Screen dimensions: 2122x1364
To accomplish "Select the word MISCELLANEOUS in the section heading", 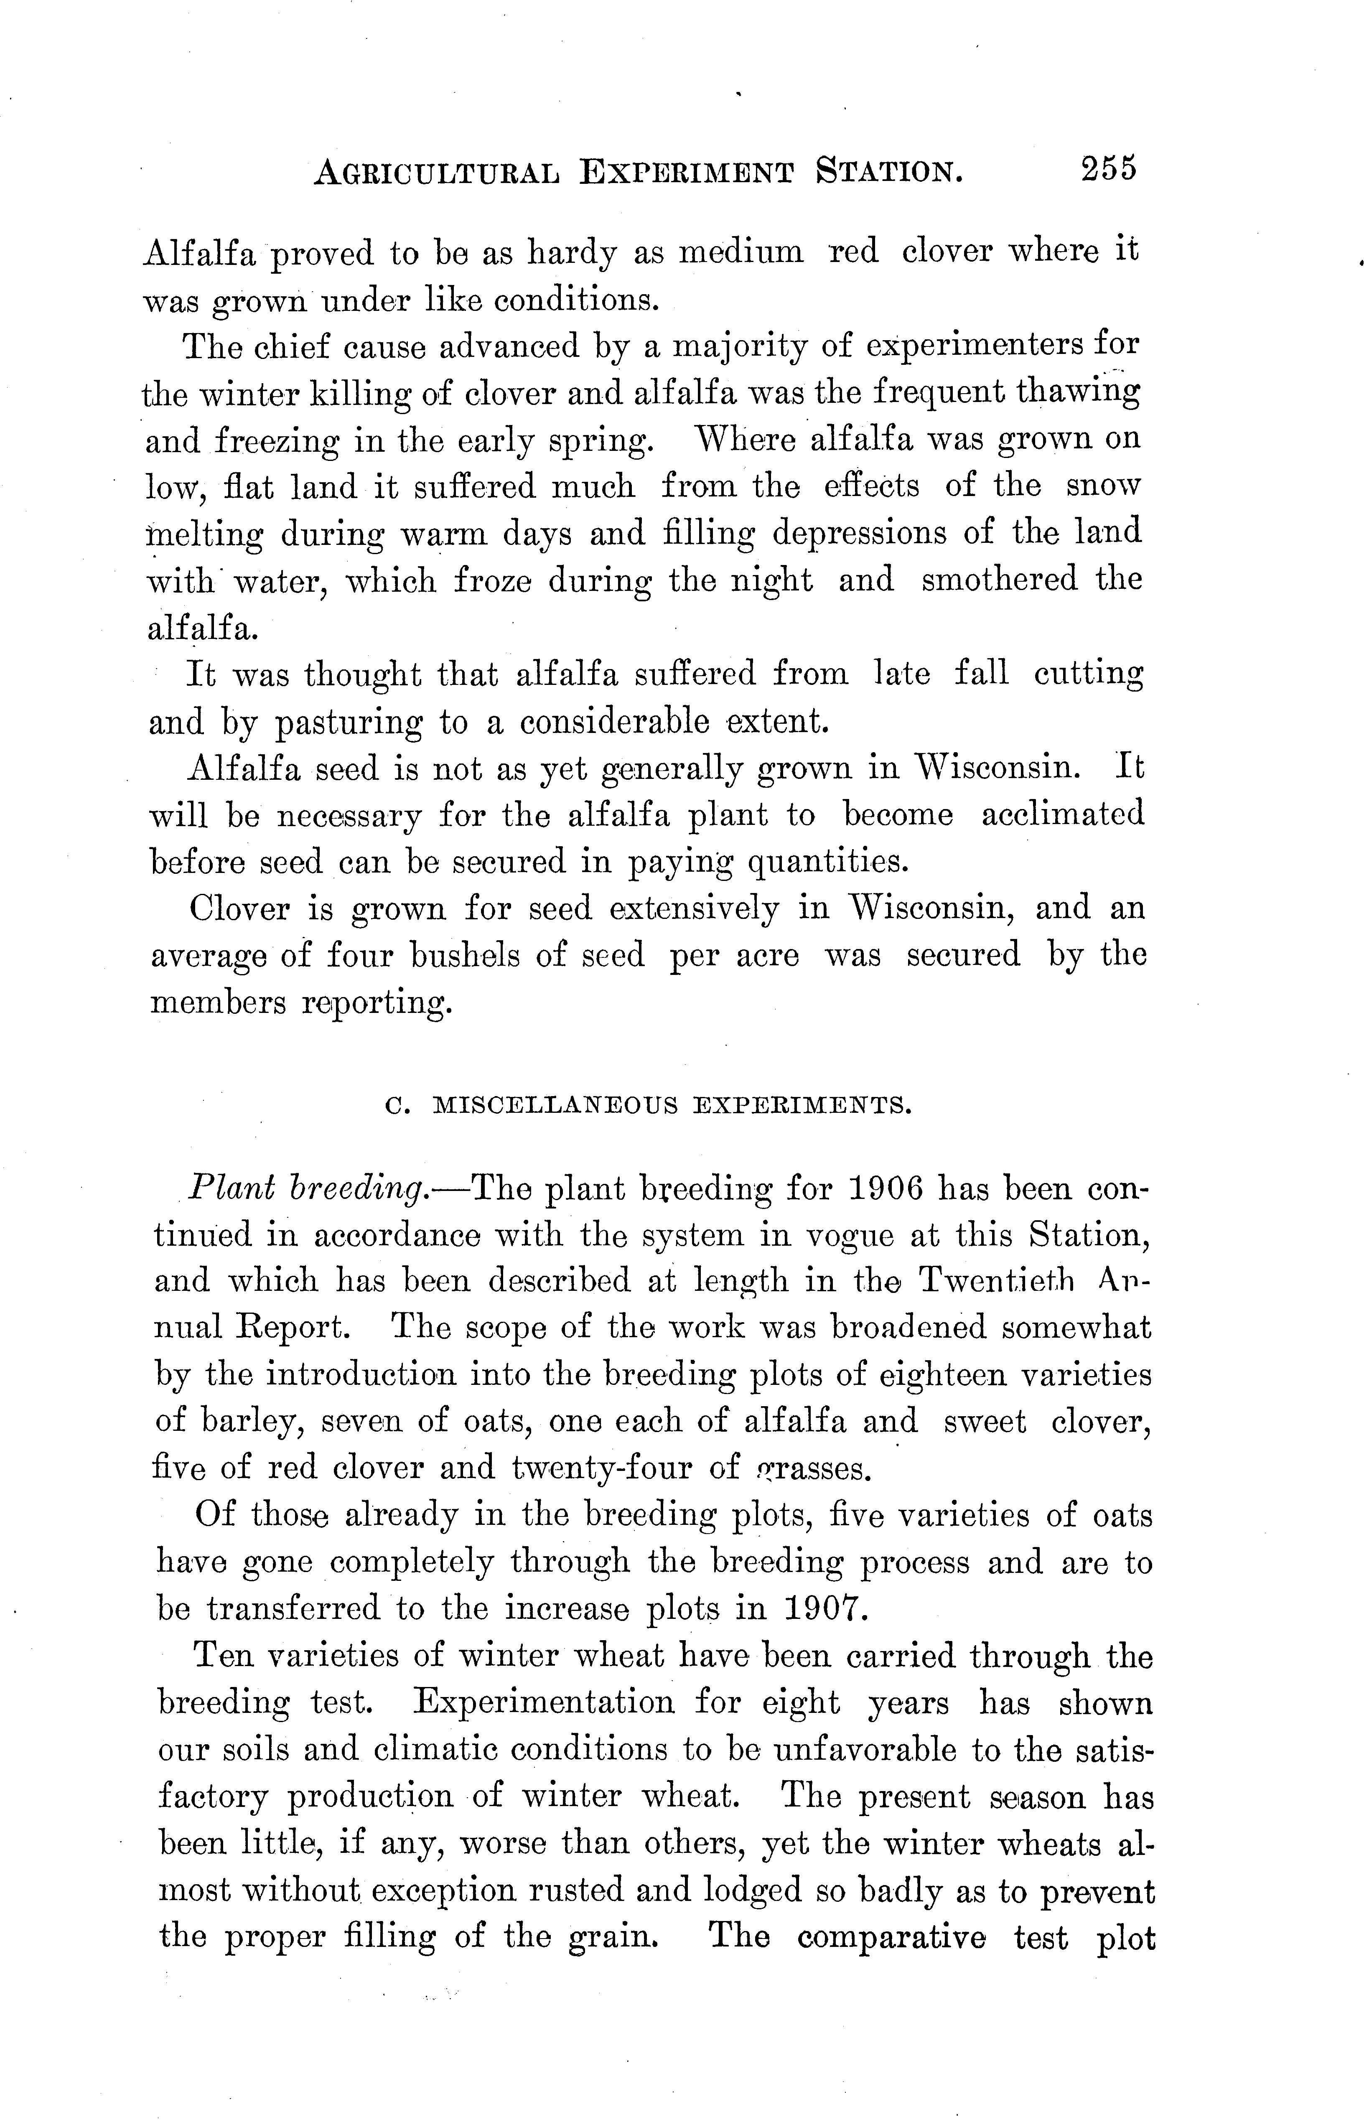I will point(556,1106).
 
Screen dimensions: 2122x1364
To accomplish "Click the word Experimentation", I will point(544,1702).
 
